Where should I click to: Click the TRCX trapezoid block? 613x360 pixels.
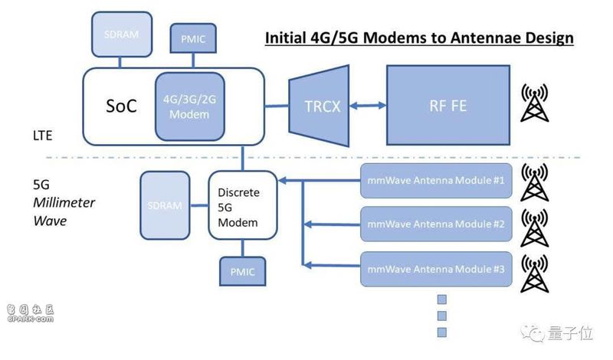coord(319,106)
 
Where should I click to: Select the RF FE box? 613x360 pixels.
coord(448,106)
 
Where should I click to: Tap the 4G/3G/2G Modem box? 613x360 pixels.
coord(189,106)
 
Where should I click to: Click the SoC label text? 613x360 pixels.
coord(121,106)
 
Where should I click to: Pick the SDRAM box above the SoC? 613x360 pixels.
coord(122,34)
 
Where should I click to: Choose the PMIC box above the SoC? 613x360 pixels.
coord(193,38)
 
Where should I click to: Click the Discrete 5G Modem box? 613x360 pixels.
coord(242,205)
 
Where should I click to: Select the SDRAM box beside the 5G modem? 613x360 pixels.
coord(165,205)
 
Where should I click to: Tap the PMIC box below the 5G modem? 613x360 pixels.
coord(242,271)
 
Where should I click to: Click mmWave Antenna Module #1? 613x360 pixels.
coord(436,181)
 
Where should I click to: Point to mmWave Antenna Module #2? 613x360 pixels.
coord(436,224)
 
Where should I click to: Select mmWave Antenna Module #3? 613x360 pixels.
coord(436,270)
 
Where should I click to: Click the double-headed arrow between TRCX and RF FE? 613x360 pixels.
coord(368,105)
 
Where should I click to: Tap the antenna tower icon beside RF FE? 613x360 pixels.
coord(534,103)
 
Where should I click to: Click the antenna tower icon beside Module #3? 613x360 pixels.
coord(534,273)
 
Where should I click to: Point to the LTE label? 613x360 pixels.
coord(43,136)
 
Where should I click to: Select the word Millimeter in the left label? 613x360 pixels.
coord(64,202)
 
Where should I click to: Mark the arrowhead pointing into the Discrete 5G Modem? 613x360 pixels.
coord(282,181)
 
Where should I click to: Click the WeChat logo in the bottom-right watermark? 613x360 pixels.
coord(533,332)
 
